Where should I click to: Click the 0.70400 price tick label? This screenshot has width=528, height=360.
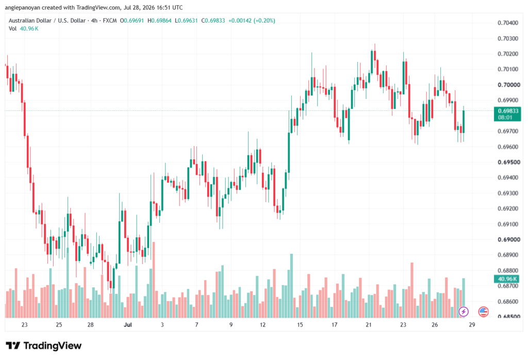coord(508,23)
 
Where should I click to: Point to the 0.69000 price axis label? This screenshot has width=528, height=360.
coord(508,239)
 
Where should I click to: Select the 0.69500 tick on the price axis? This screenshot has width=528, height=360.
coord(508,162)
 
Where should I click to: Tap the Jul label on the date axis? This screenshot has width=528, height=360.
coord(128,324)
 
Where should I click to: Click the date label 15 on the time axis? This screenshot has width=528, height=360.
coord(300,324)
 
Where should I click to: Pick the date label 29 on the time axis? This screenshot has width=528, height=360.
coord(472,324)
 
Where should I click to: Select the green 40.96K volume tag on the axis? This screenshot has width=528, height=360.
coord(507,279)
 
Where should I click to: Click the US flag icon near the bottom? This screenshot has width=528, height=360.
coord(483,312)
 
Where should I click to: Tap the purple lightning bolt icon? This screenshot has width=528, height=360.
coord(464,312)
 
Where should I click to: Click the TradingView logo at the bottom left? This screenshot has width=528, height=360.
coord(44,346)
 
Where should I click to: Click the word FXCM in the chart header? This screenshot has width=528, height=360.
coord(110,21)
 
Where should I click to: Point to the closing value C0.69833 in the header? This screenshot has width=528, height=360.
coord(213,21)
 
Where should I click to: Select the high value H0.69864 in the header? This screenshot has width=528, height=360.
coord(160,21)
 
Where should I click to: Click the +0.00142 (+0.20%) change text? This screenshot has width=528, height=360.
coord(252,21)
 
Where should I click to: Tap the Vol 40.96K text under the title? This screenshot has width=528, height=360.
coord(24,29)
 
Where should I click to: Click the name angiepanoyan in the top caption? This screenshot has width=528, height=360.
coord(23,7)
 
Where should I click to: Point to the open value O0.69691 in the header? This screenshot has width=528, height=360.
coord(132,21)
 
